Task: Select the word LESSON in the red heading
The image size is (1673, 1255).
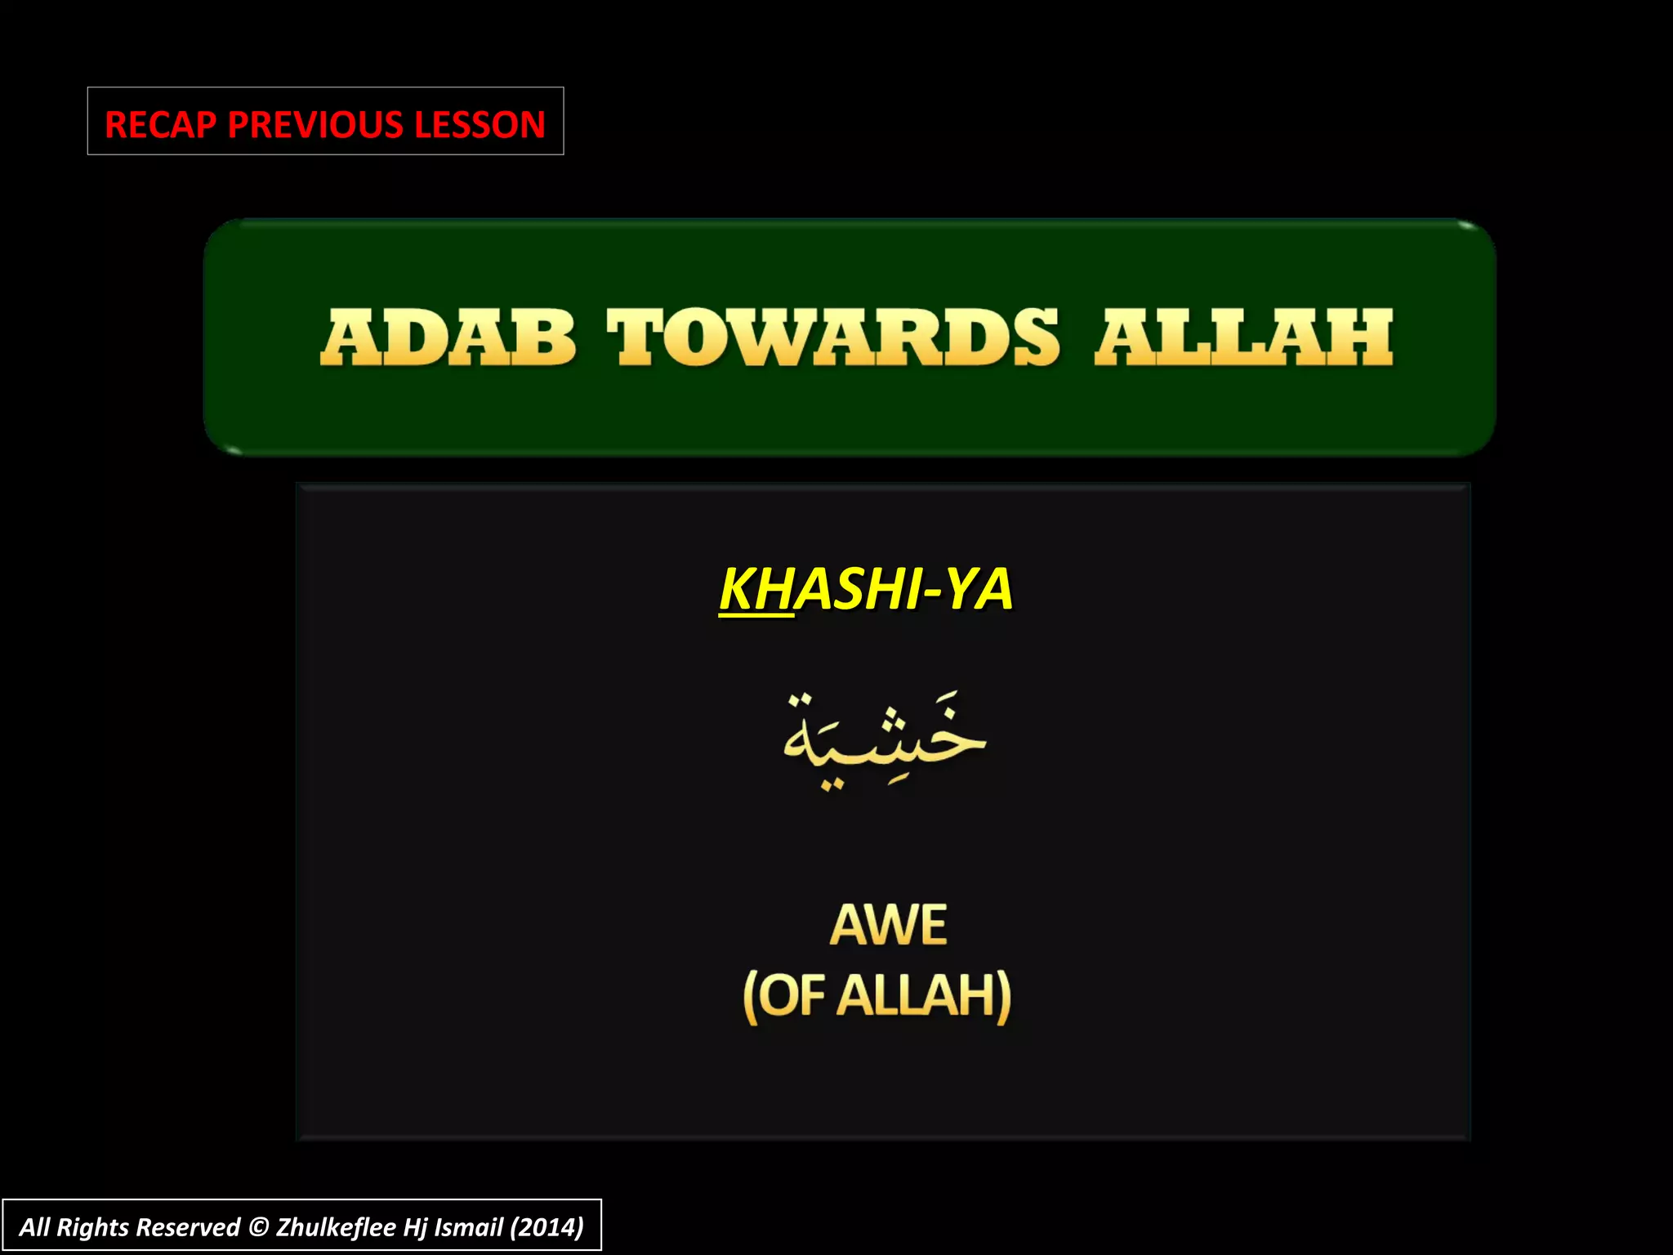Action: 480,125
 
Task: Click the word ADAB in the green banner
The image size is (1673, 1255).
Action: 448,337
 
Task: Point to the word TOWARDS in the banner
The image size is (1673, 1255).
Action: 833,337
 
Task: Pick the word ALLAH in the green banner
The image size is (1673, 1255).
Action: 1243,337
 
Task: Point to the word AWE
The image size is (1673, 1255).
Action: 888,925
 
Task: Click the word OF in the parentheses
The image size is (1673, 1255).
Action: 794,996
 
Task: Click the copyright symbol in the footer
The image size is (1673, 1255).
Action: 258,1227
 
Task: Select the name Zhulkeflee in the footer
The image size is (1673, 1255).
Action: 336,1227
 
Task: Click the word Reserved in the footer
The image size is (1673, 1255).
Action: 188,1227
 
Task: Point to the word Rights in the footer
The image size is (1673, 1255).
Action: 92,1227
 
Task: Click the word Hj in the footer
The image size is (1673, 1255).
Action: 415,1227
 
